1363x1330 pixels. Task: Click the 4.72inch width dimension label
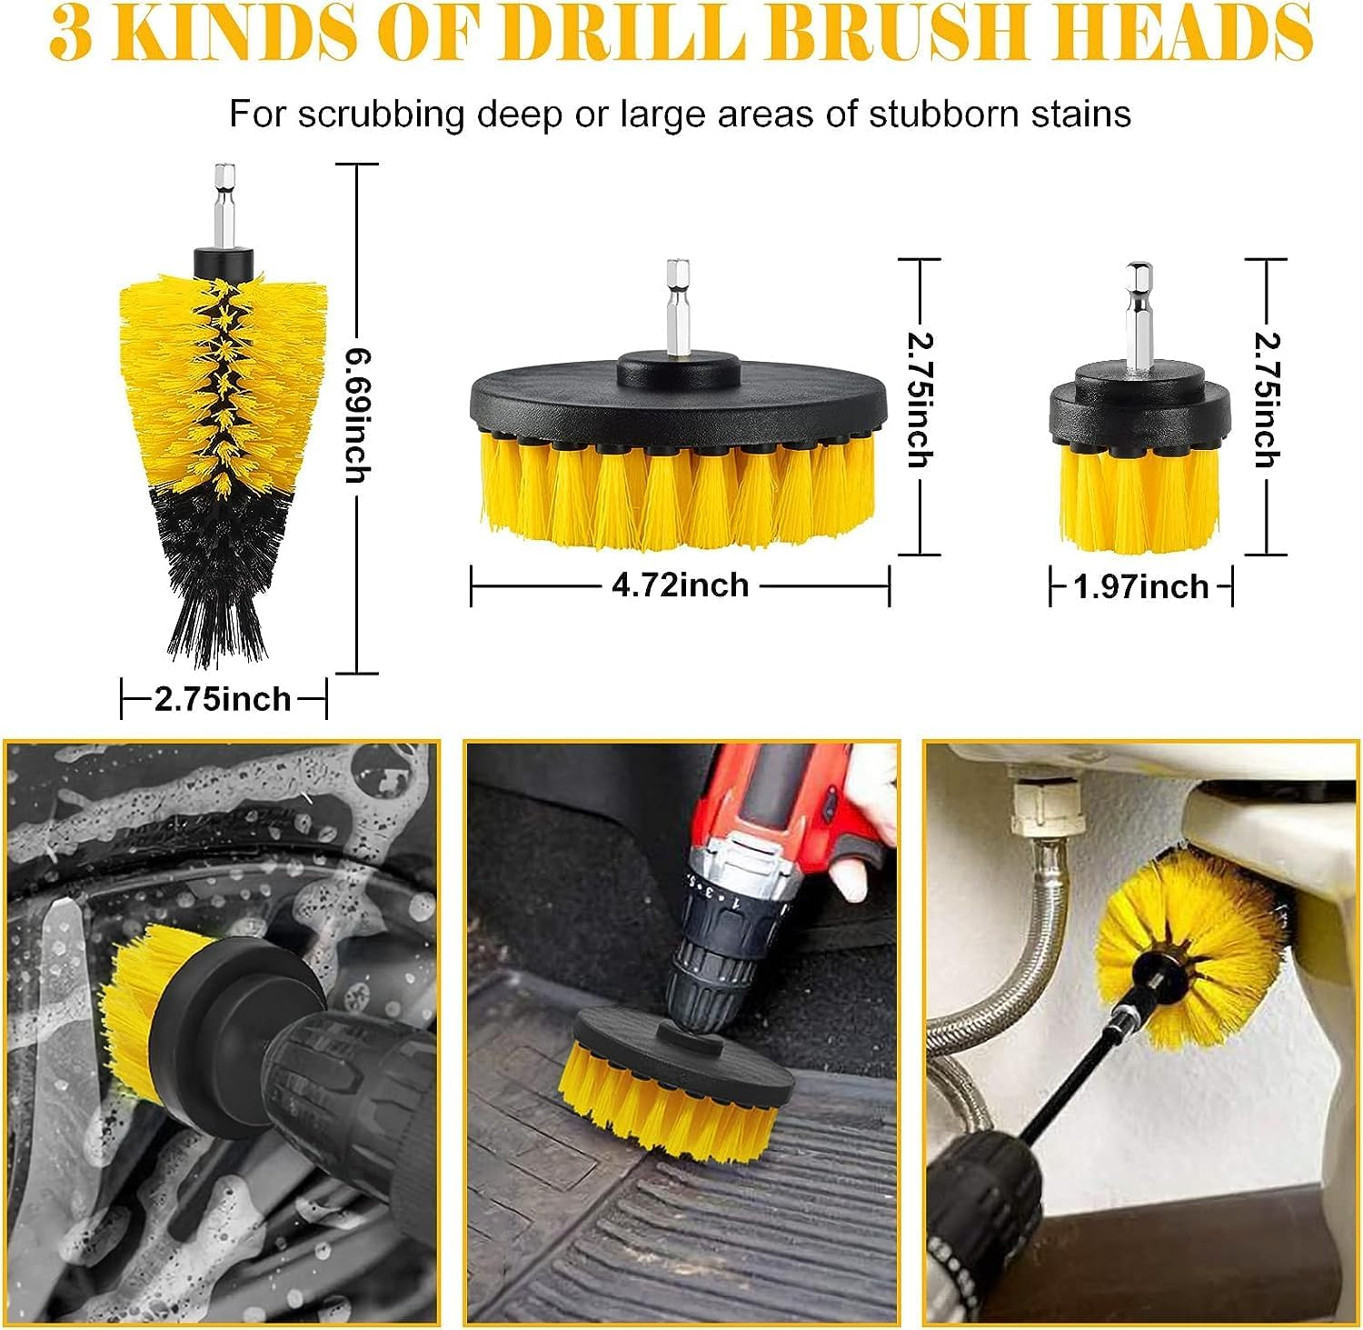click(680, 585)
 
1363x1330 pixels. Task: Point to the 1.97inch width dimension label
click(1140, 586)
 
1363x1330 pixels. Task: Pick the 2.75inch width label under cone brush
click(223, 699)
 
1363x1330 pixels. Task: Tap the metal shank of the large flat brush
click(677, 305)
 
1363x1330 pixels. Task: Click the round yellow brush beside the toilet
click(1181, 945)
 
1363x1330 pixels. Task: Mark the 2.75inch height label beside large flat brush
click(920, 400)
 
